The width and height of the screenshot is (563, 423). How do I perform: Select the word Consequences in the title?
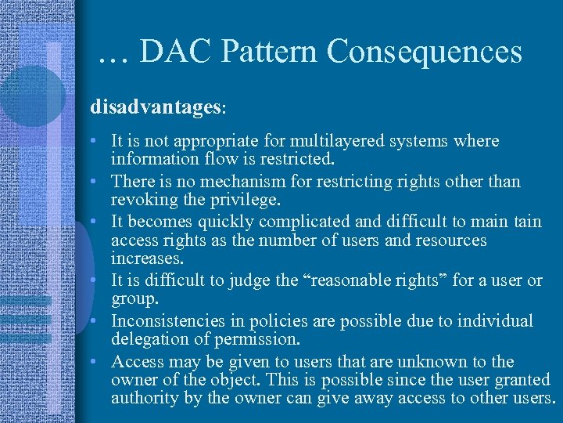point(424,52)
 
